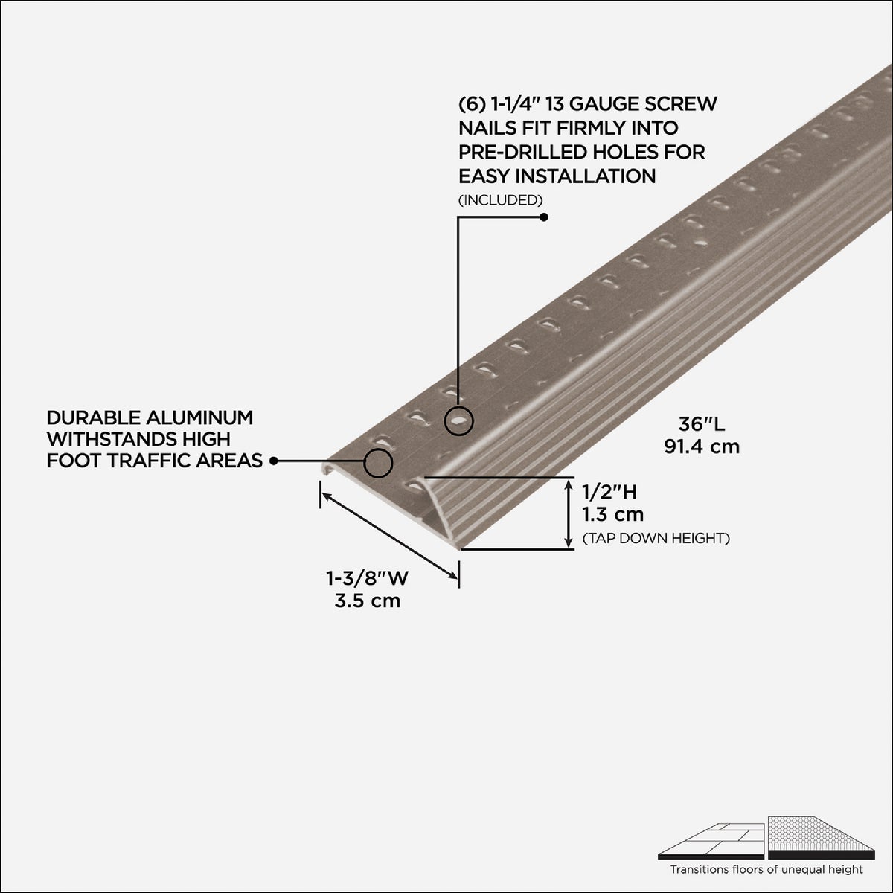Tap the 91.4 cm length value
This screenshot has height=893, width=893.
pyautogui.click(x=702, y=446)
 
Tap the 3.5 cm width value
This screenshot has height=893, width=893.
pyautogui.click(x=368, y=601)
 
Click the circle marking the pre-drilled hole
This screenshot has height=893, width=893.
pyautogui.click(x=458, y=422)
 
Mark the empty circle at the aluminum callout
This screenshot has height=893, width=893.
pyautogui.click(x=378, y=463)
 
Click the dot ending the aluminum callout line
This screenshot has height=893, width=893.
pyautogui.click(x=274, y=461)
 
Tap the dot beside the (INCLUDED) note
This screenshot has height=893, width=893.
pyautogui.click(x=543, y=217)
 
